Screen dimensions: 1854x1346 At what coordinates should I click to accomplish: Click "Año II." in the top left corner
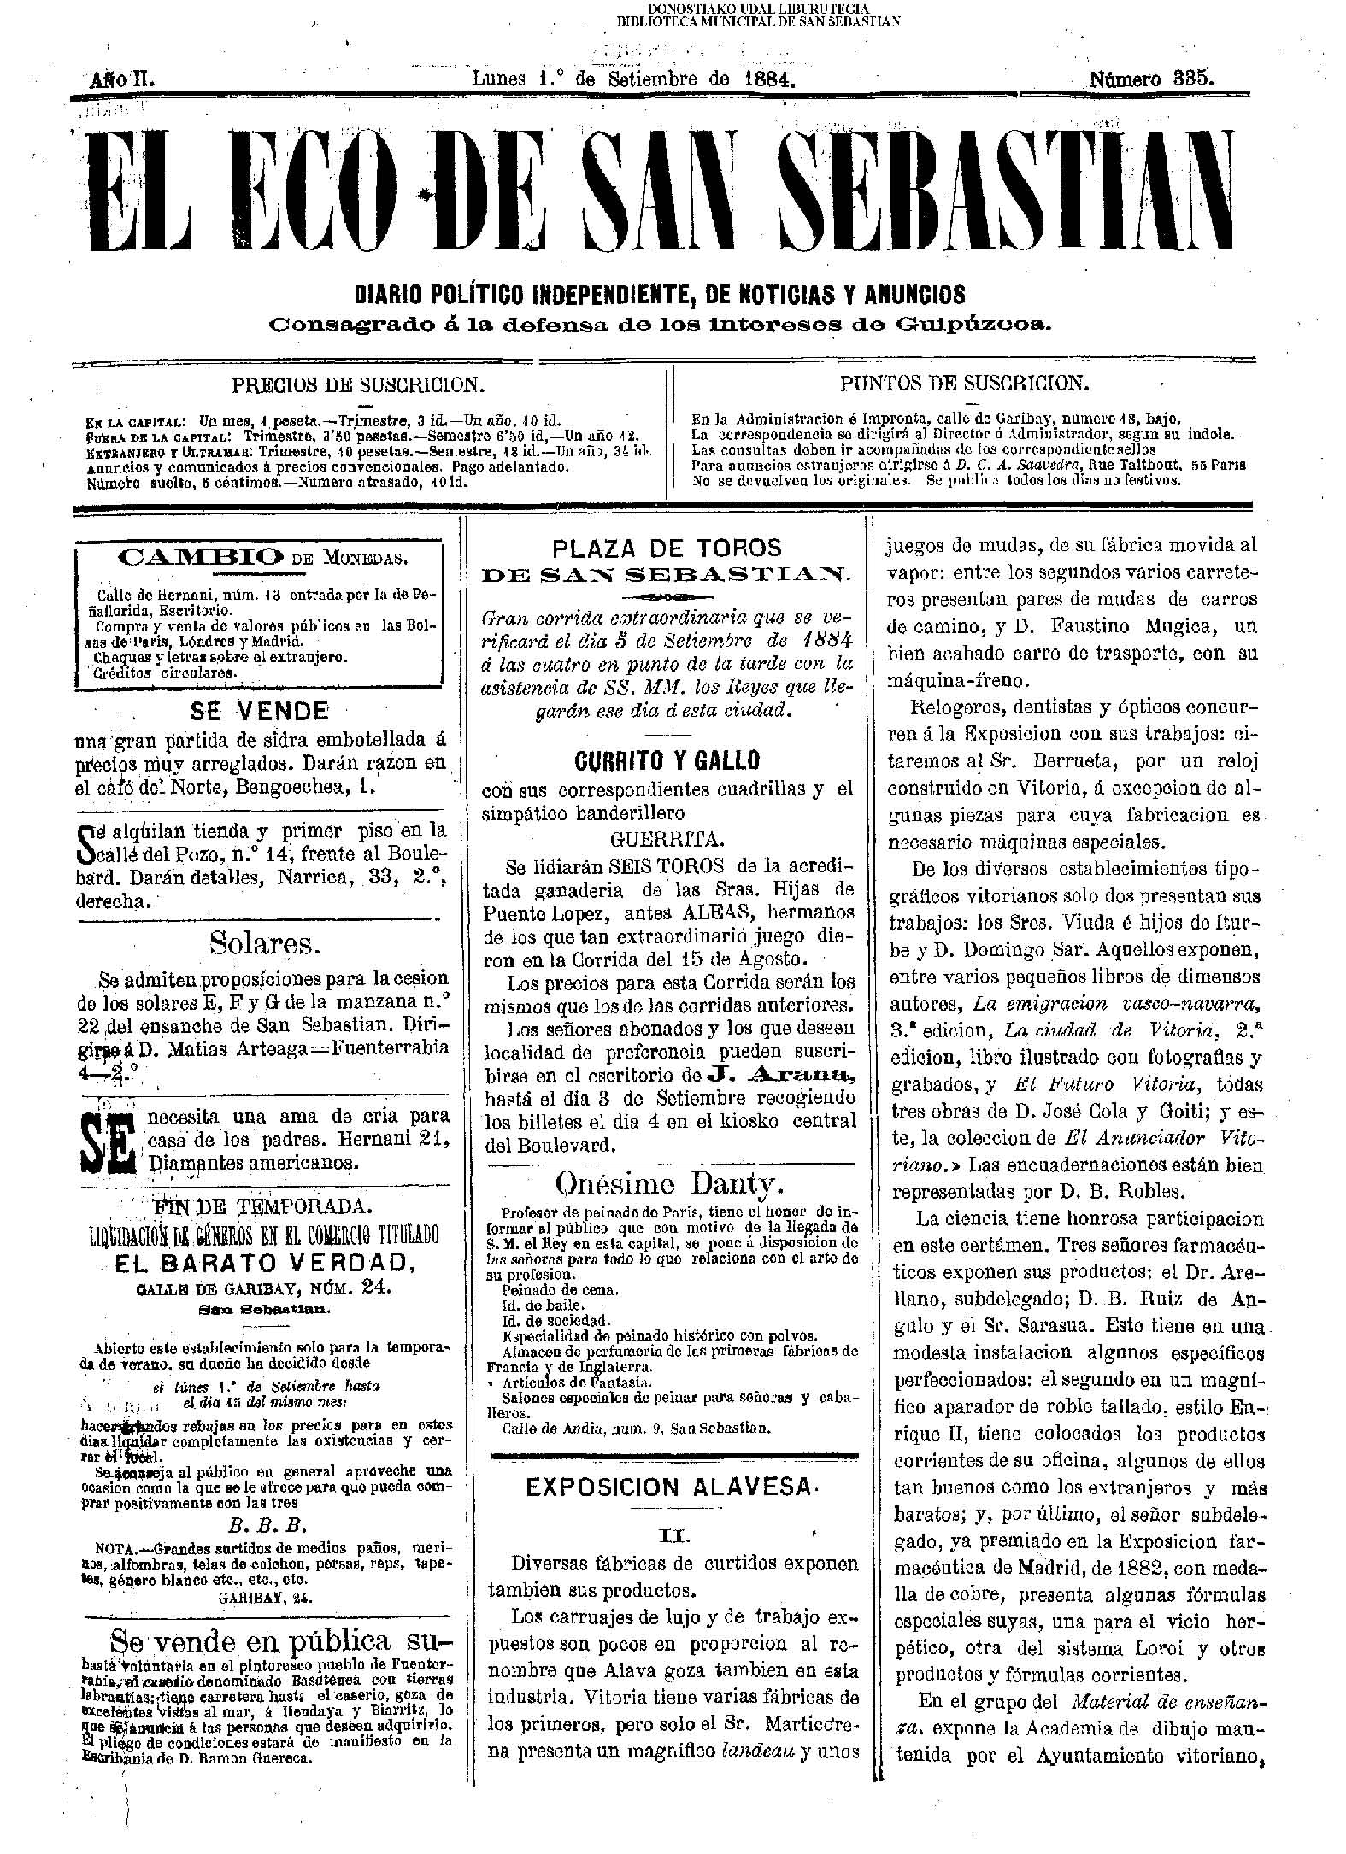120,80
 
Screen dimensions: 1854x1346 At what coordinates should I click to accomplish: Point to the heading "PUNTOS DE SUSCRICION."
965,383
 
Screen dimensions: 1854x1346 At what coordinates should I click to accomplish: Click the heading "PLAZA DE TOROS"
667,548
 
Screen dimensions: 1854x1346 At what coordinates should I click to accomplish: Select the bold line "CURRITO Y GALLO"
667,760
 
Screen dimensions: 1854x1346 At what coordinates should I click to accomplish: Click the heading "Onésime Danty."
670,1184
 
